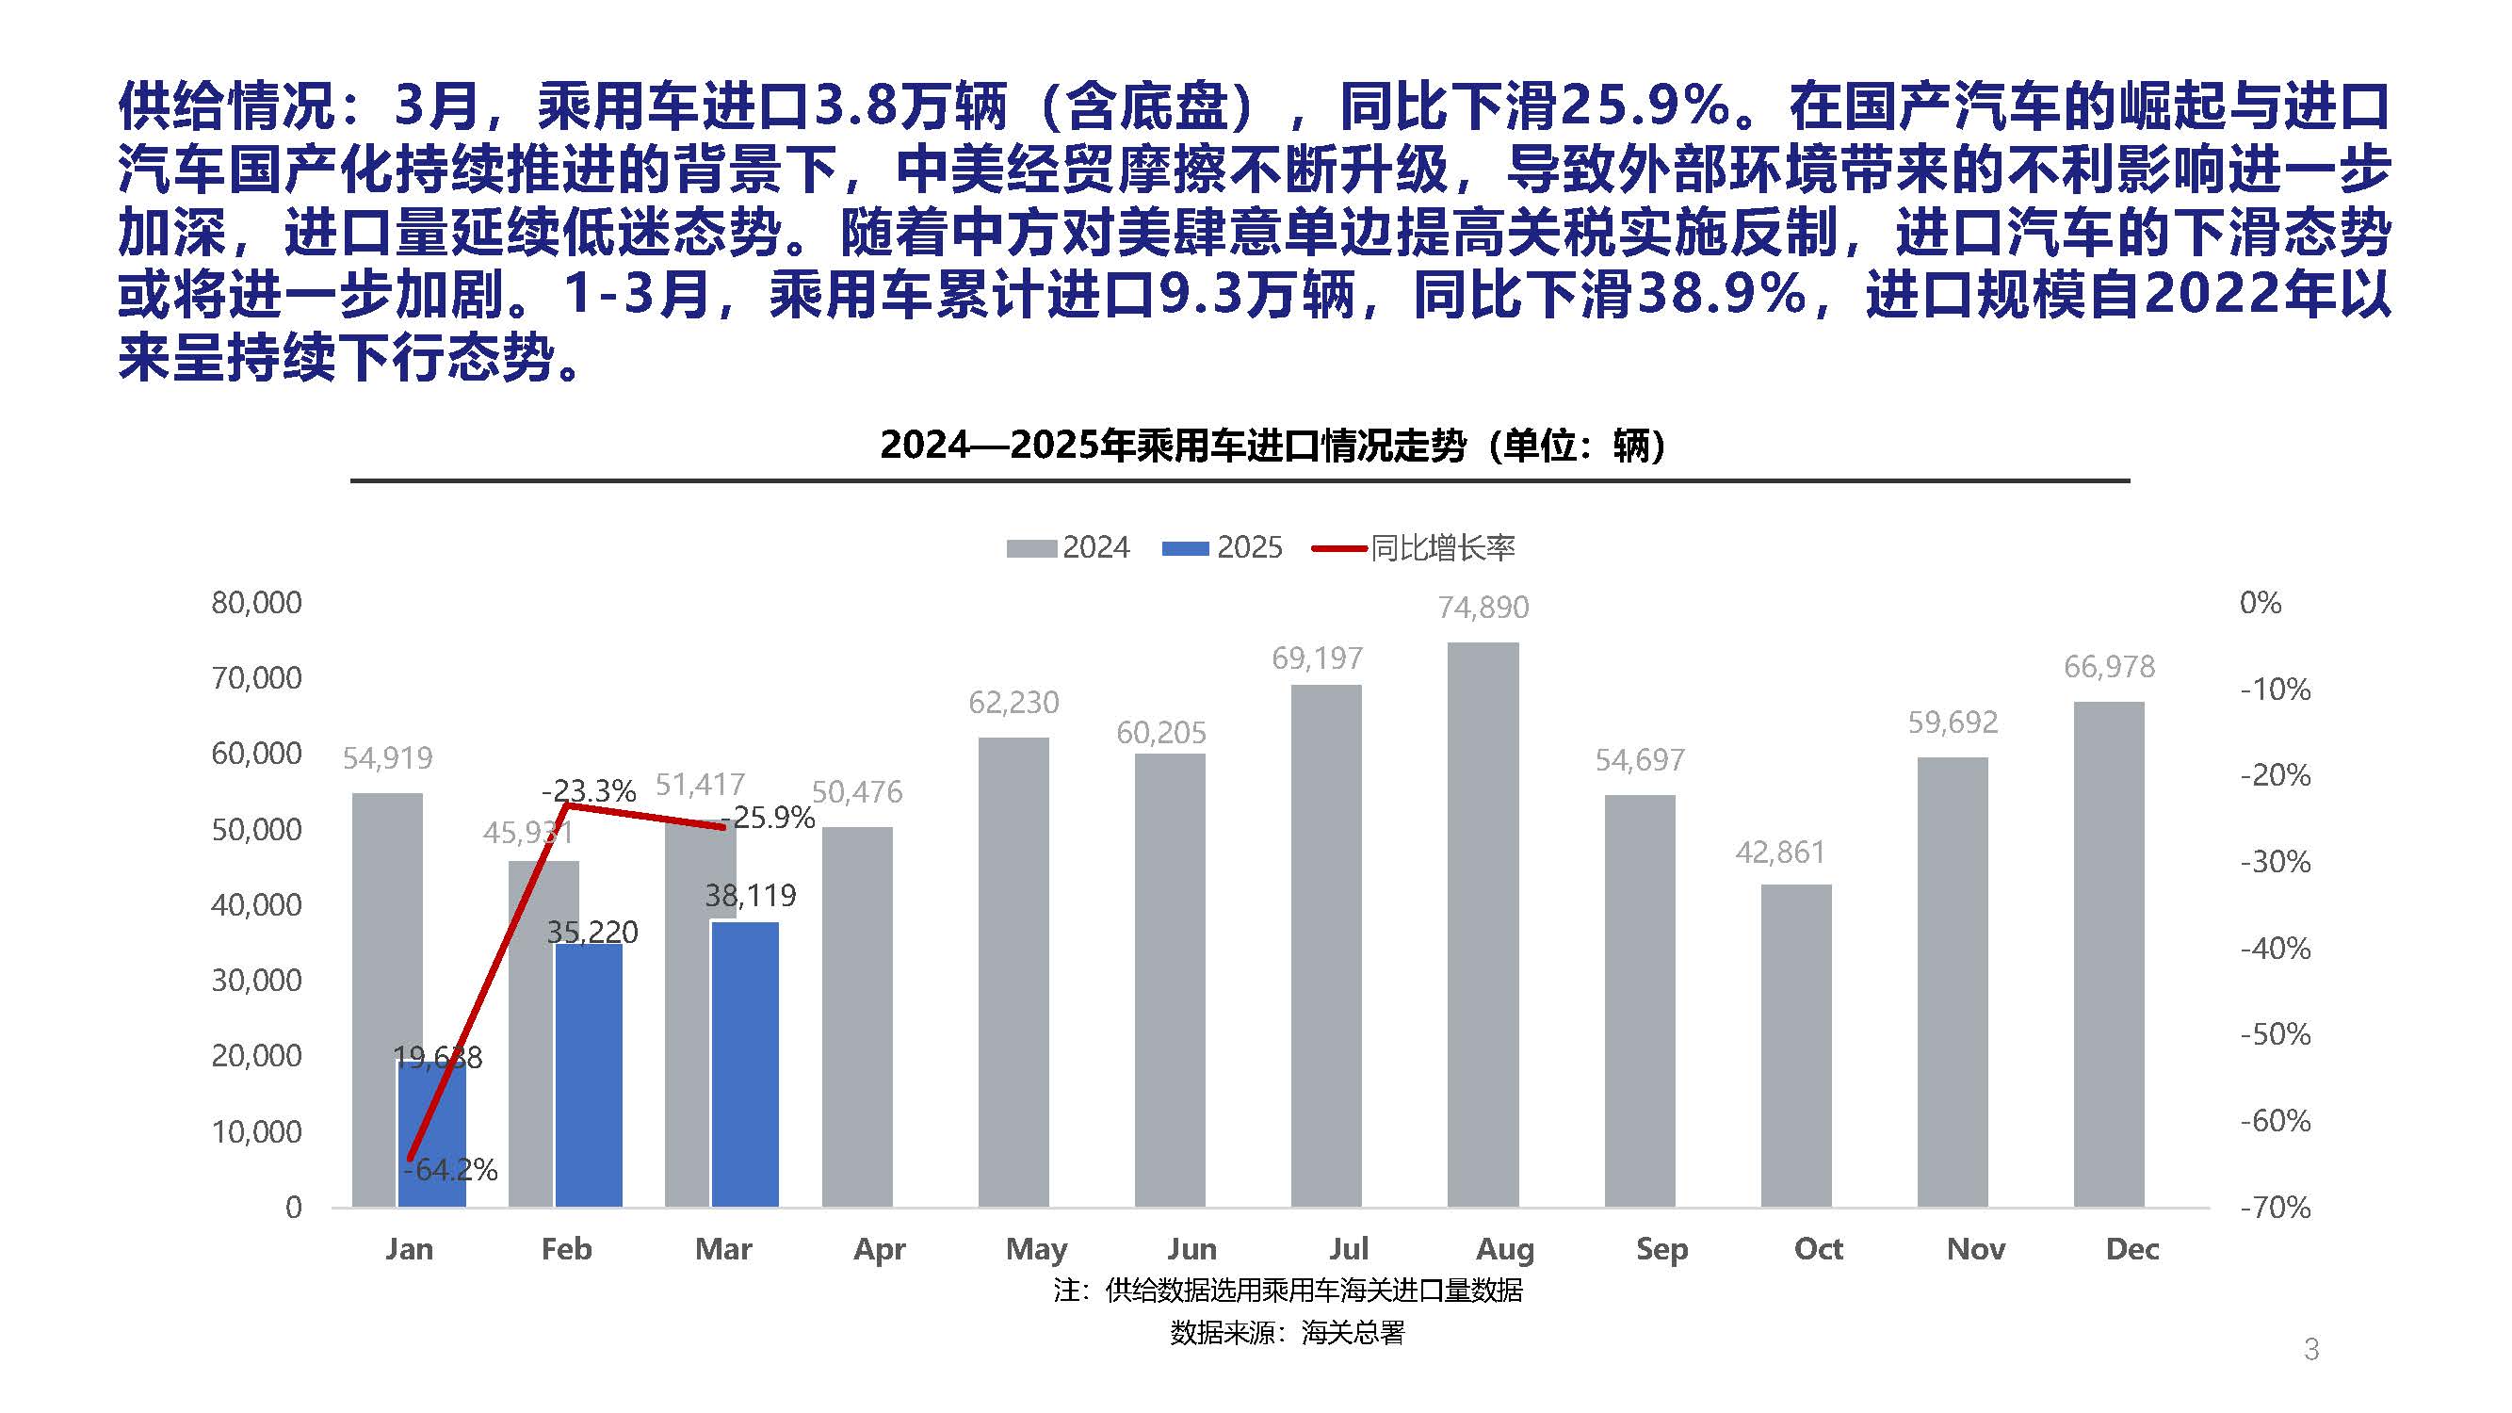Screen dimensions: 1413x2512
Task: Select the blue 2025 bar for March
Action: point(745,1063)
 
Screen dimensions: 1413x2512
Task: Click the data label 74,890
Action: point(1483,608)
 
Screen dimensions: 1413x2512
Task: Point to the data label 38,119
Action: point(750,895)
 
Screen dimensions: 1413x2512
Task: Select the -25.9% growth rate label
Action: point(768,817)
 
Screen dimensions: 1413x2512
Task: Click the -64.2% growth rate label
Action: point(450,1168)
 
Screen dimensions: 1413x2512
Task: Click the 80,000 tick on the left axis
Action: point(256,603)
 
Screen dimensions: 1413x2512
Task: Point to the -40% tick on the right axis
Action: point(2275,948)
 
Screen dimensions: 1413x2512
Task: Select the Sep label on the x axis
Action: point(1661,1248)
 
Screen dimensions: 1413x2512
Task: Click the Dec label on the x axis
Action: point(2131,1248)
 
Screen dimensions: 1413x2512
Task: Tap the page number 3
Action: point(2310,1349)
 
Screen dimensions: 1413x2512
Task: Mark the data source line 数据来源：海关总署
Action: point(1287,1332)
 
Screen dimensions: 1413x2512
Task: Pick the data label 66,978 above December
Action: point(2108,667)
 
